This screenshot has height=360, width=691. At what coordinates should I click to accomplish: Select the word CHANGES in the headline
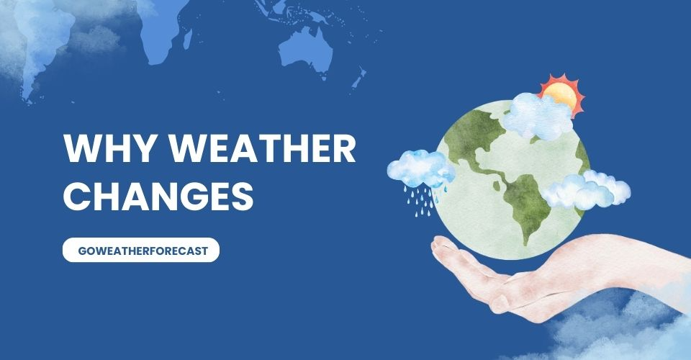[159, 194]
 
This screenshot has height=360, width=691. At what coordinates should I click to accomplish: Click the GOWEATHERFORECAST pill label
[140, 250]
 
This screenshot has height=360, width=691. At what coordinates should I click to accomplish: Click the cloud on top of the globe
[536, 117]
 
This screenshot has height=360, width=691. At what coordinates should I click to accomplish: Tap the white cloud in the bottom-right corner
[612, 335]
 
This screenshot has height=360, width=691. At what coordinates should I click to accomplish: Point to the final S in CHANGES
[243, 194]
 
